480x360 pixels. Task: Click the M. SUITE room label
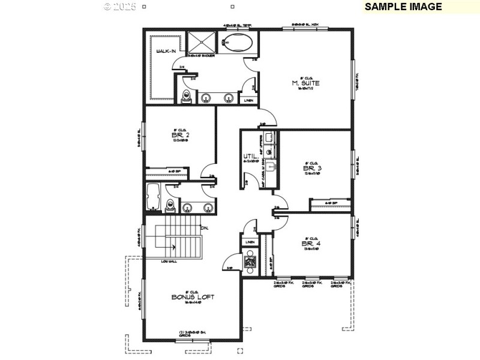point(306,83)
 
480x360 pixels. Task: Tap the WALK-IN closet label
point(166,52)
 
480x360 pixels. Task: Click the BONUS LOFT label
point(193,297)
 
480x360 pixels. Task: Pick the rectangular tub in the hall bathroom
point(152,198)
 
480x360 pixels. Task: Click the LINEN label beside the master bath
point(248,100)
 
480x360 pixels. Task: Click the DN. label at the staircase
point(204,228)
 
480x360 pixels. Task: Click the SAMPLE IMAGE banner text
point(403,7)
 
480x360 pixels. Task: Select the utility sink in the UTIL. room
point(271,166)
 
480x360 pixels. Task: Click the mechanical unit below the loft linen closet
point(250,262)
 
